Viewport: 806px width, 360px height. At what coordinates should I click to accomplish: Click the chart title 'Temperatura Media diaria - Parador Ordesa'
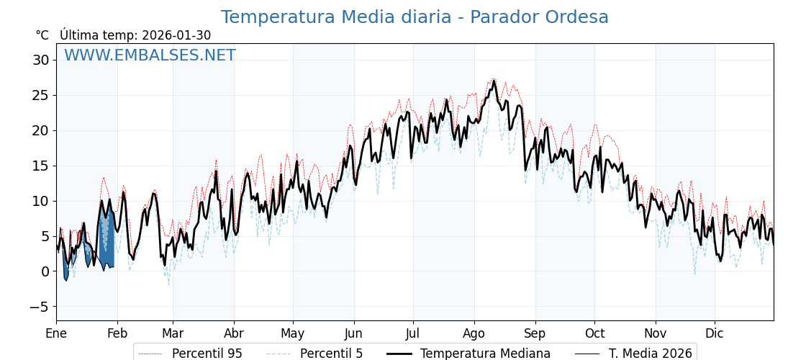click(415, 17)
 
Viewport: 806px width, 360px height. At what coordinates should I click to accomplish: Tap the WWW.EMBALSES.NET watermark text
click(150, 55)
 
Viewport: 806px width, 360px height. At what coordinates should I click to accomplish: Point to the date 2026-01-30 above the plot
click(176, 35)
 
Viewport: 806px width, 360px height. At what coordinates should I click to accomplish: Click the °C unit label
click(42, 35)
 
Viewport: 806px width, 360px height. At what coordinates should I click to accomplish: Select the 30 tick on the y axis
click(40, 60)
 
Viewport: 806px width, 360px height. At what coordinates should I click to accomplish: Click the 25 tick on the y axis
click(40, 95)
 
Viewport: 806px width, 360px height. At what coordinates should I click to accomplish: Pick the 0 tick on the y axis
click(45, 271)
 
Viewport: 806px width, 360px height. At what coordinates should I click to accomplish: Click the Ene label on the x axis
click(56, 333)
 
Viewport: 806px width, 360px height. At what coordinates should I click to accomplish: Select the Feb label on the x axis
click(117, 333)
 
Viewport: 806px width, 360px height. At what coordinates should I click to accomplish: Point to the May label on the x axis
click(293, 333)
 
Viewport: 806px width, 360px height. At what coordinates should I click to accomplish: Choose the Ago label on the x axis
click(474, 333)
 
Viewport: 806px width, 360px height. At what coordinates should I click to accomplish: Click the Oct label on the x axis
click(594, 333)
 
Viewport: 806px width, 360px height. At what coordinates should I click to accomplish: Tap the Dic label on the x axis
click(715, 333)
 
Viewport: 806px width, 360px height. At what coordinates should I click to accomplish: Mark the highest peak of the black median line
click(494, 81)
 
